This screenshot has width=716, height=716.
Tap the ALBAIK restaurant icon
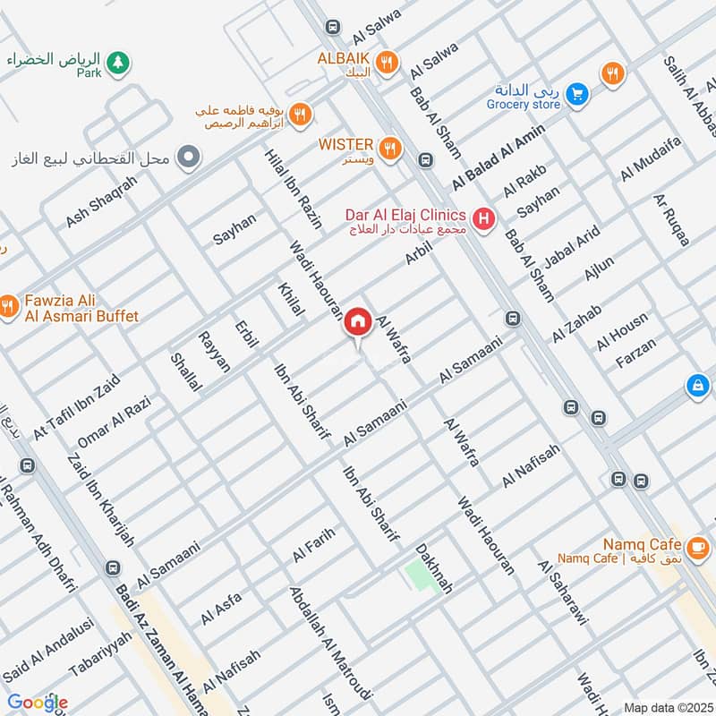388,62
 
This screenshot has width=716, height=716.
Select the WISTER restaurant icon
388,149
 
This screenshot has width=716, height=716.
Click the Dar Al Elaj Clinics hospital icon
484,218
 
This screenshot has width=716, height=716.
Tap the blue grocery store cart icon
578,93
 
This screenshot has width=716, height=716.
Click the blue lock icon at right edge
696,386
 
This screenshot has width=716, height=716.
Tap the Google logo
37,703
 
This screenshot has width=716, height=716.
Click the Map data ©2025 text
667,707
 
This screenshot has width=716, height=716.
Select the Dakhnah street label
433,568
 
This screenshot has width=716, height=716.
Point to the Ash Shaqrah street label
102,200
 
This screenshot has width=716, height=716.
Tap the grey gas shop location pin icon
188,159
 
